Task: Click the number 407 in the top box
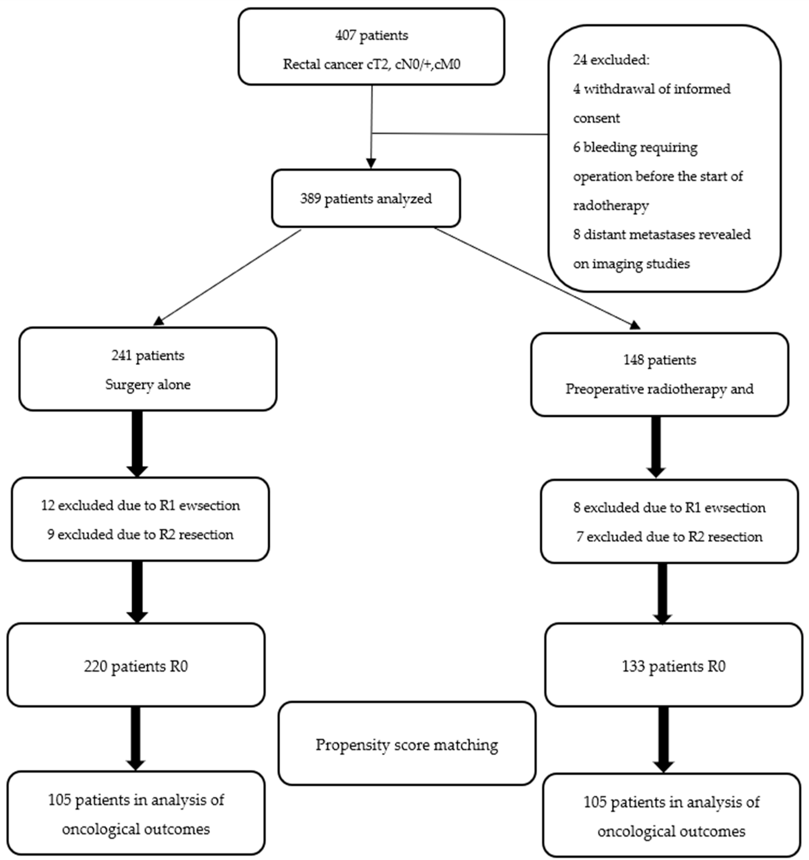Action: point(345,35)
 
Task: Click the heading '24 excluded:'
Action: point(611,60)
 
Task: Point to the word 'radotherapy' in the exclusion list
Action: point(611,206)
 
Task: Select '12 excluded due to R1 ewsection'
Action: point(140,505)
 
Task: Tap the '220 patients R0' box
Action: point(136,666)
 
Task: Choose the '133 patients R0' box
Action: point(673,666)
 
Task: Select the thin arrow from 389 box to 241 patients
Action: point(227,277)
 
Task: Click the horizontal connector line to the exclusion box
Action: point(458,134)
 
